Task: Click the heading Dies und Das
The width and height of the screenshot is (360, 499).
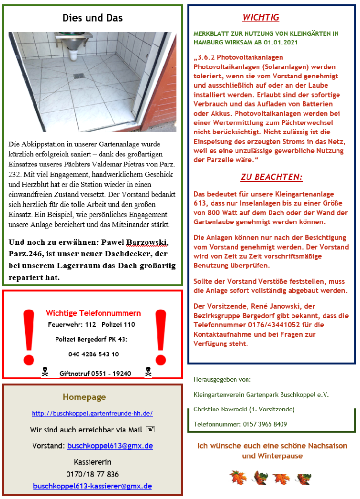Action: coord(93,18)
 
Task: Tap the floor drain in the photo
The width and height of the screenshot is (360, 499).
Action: coord(79,75)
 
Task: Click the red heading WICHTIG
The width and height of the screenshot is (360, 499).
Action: coord(260,18)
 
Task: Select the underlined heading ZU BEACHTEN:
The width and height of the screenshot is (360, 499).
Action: coord(271,177)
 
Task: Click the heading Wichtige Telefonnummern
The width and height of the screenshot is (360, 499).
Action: coord(93,313)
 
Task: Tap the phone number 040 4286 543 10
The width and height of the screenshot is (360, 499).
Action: coord(93,354)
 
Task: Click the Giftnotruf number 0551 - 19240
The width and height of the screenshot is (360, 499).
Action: coord(113,374)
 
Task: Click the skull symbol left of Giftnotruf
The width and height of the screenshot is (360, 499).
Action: coord(45,372)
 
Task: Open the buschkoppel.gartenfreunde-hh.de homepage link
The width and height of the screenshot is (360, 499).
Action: coord(93,414)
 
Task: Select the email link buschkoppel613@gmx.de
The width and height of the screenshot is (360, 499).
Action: coord(110,446)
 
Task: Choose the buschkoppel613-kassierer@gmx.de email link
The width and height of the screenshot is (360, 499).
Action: coord(93,486)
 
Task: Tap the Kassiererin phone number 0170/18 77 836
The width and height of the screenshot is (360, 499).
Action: coord(93,474)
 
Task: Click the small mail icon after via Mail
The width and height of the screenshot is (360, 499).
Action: coord(150,429)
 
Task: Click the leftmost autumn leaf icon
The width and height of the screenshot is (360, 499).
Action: coord(237,477)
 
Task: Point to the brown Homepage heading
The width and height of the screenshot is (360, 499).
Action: coord(84,397)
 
